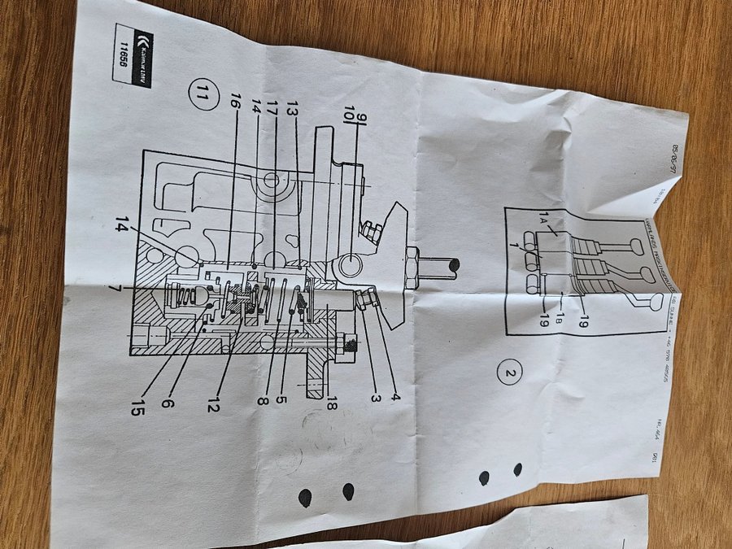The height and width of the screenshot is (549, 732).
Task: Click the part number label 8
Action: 263,399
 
